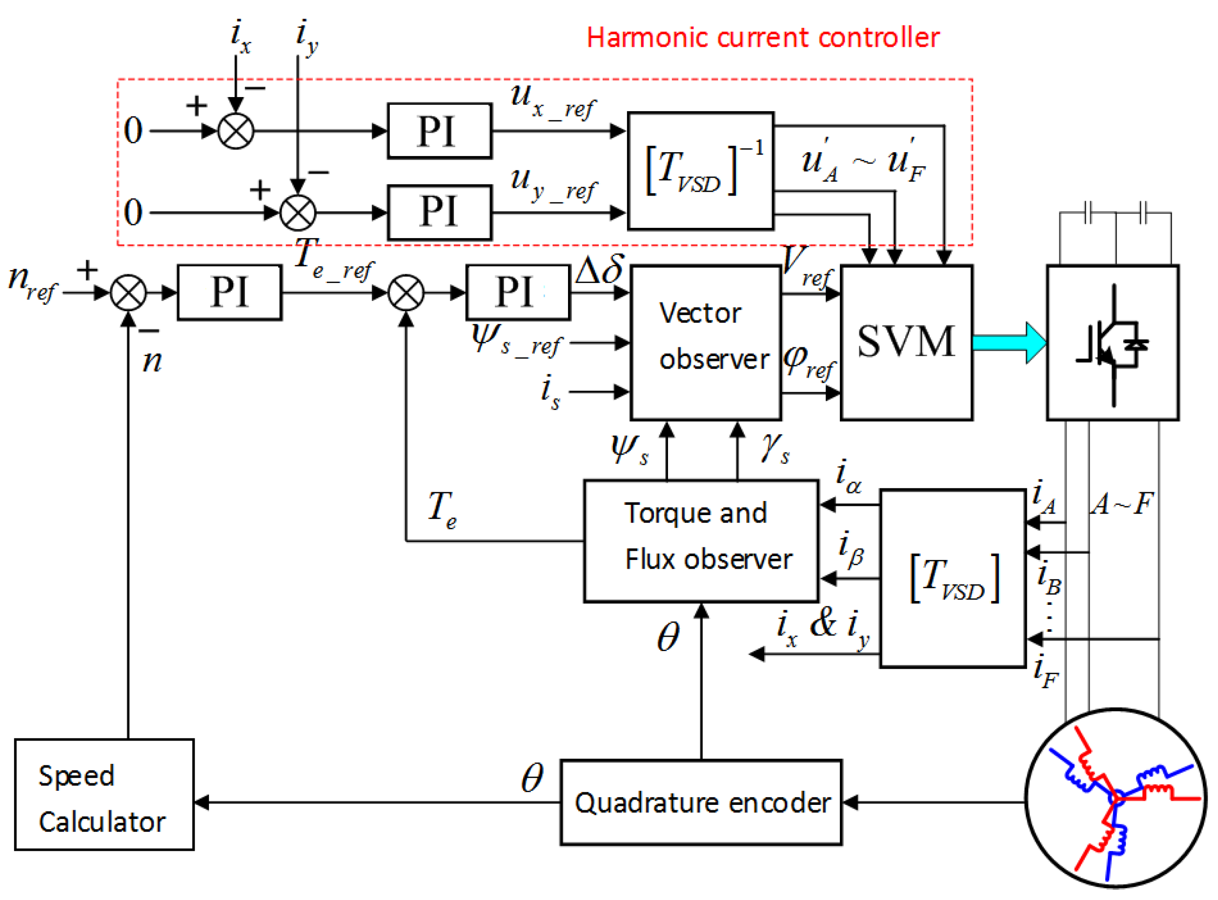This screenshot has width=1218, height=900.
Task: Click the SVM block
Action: tap(906, 342)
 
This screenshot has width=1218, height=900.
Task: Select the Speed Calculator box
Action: tap(103, 794)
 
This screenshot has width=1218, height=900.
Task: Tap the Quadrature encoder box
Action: tap(701, 802)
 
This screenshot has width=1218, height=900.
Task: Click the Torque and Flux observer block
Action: tap(701, 540)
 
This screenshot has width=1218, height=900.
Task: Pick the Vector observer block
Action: tap(705, 342)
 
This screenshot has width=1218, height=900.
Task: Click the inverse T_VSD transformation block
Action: tap(700, 171)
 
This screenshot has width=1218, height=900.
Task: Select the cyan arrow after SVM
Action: tap(1008, 342)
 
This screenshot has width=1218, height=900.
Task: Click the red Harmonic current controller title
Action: tap(762, 38)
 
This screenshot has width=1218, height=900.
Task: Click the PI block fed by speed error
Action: tap(229, 292)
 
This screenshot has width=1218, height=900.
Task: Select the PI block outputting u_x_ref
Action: tap(439, 131)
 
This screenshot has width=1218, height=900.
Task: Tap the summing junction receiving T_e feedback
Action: tap(406, 293)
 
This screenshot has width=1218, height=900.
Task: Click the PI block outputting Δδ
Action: tap(518, 292)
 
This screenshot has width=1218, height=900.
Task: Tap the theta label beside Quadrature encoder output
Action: tap(532, 778)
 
